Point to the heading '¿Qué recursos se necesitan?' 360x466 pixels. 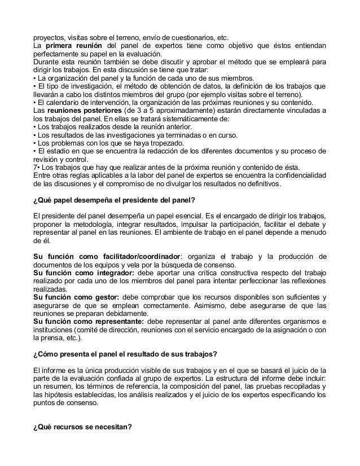[x=83, y=425]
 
